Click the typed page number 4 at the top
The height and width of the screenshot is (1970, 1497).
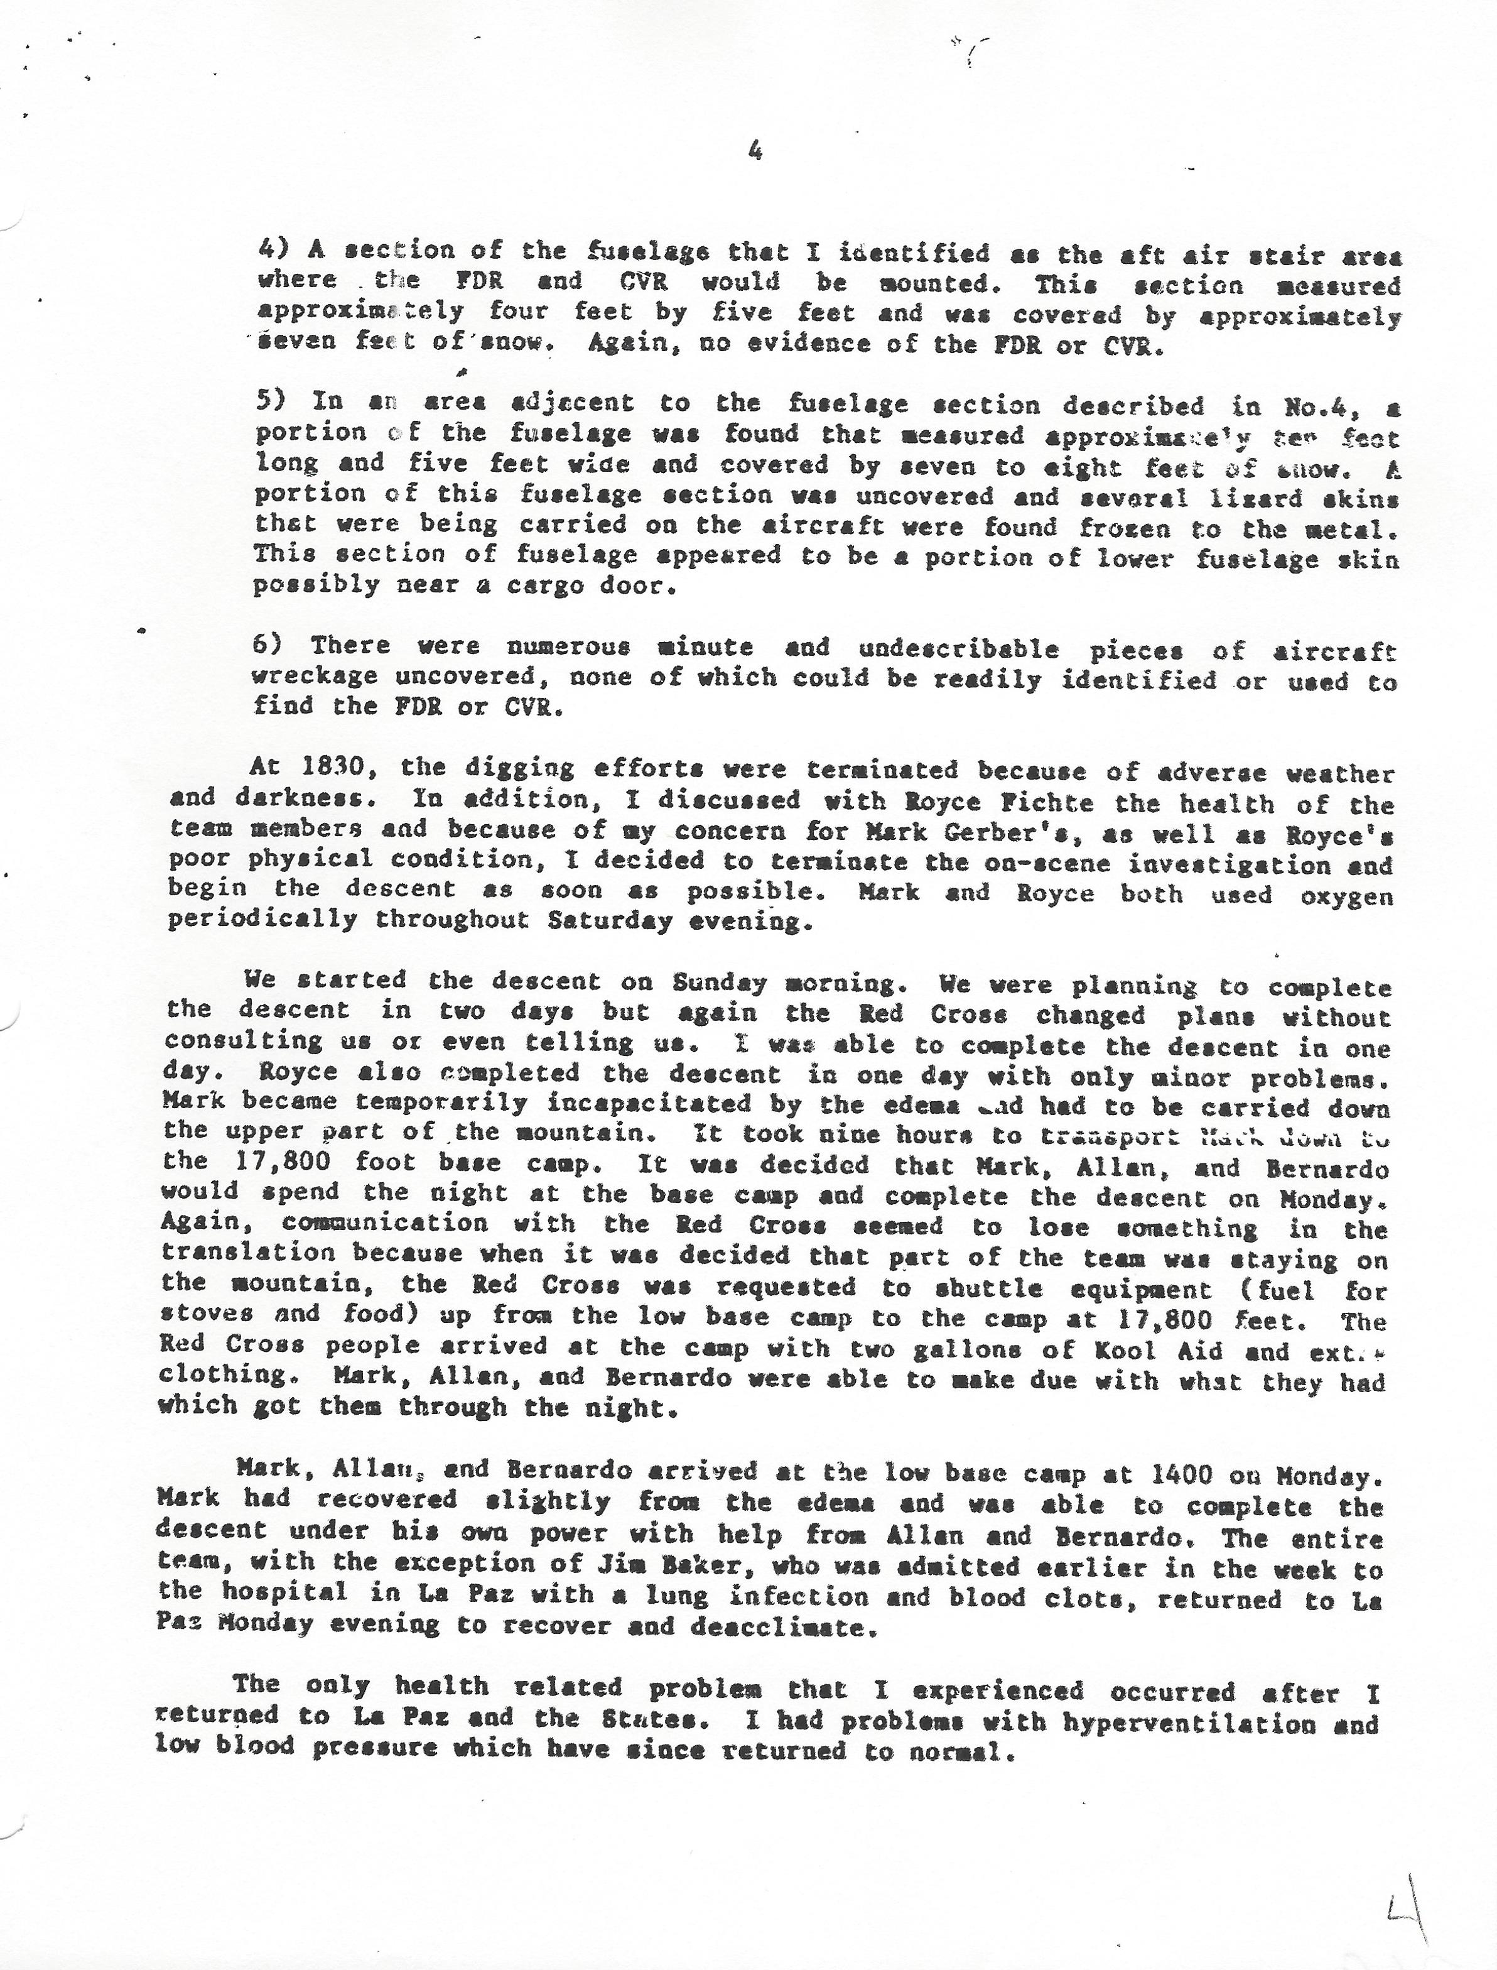click(755, 153)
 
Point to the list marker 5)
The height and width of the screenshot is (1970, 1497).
click(270, 401)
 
